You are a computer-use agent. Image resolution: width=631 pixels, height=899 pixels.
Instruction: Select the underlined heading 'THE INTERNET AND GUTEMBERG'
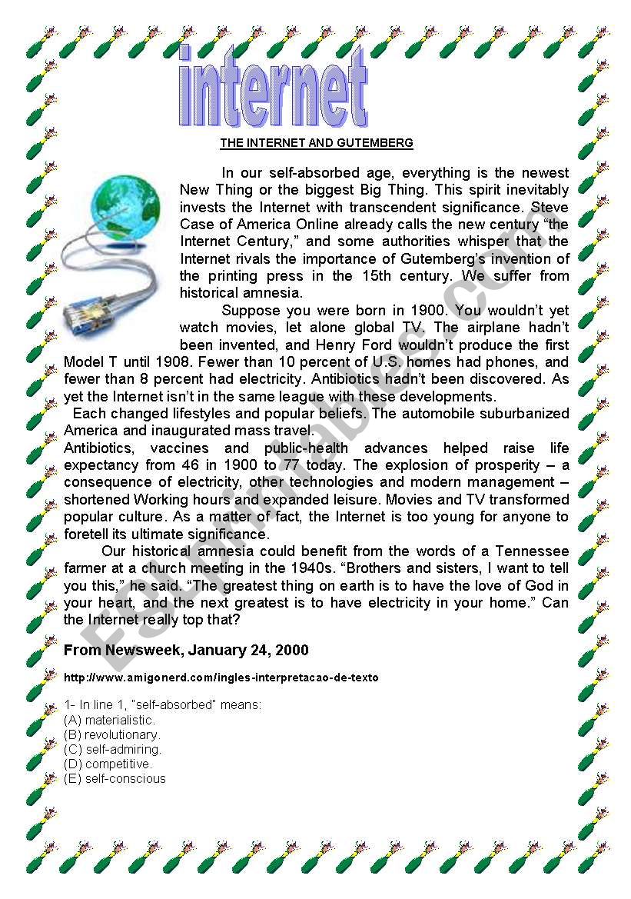coord(317,143)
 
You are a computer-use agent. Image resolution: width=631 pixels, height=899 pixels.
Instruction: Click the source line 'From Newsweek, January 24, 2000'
coord(186,651)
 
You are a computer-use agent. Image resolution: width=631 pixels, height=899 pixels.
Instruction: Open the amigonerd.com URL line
coord(221,678)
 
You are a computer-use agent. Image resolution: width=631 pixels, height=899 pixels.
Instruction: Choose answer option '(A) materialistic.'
coord(110,721)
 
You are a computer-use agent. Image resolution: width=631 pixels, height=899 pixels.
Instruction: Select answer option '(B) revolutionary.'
coord(112,735)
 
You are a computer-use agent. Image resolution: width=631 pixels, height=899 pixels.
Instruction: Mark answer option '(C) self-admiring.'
coord(113,750)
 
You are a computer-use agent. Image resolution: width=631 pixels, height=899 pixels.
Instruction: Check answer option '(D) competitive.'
coord(108,764)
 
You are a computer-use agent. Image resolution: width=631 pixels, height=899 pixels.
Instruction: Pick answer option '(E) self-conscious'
coord(115,779)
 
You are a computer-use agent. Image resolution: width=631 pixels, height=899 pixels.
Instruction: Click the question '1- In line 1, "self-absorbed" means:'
coord(163,704)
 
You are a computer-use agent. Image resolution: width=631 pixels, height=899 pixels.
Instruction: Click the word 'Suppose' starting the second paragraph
coord(247,311)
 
